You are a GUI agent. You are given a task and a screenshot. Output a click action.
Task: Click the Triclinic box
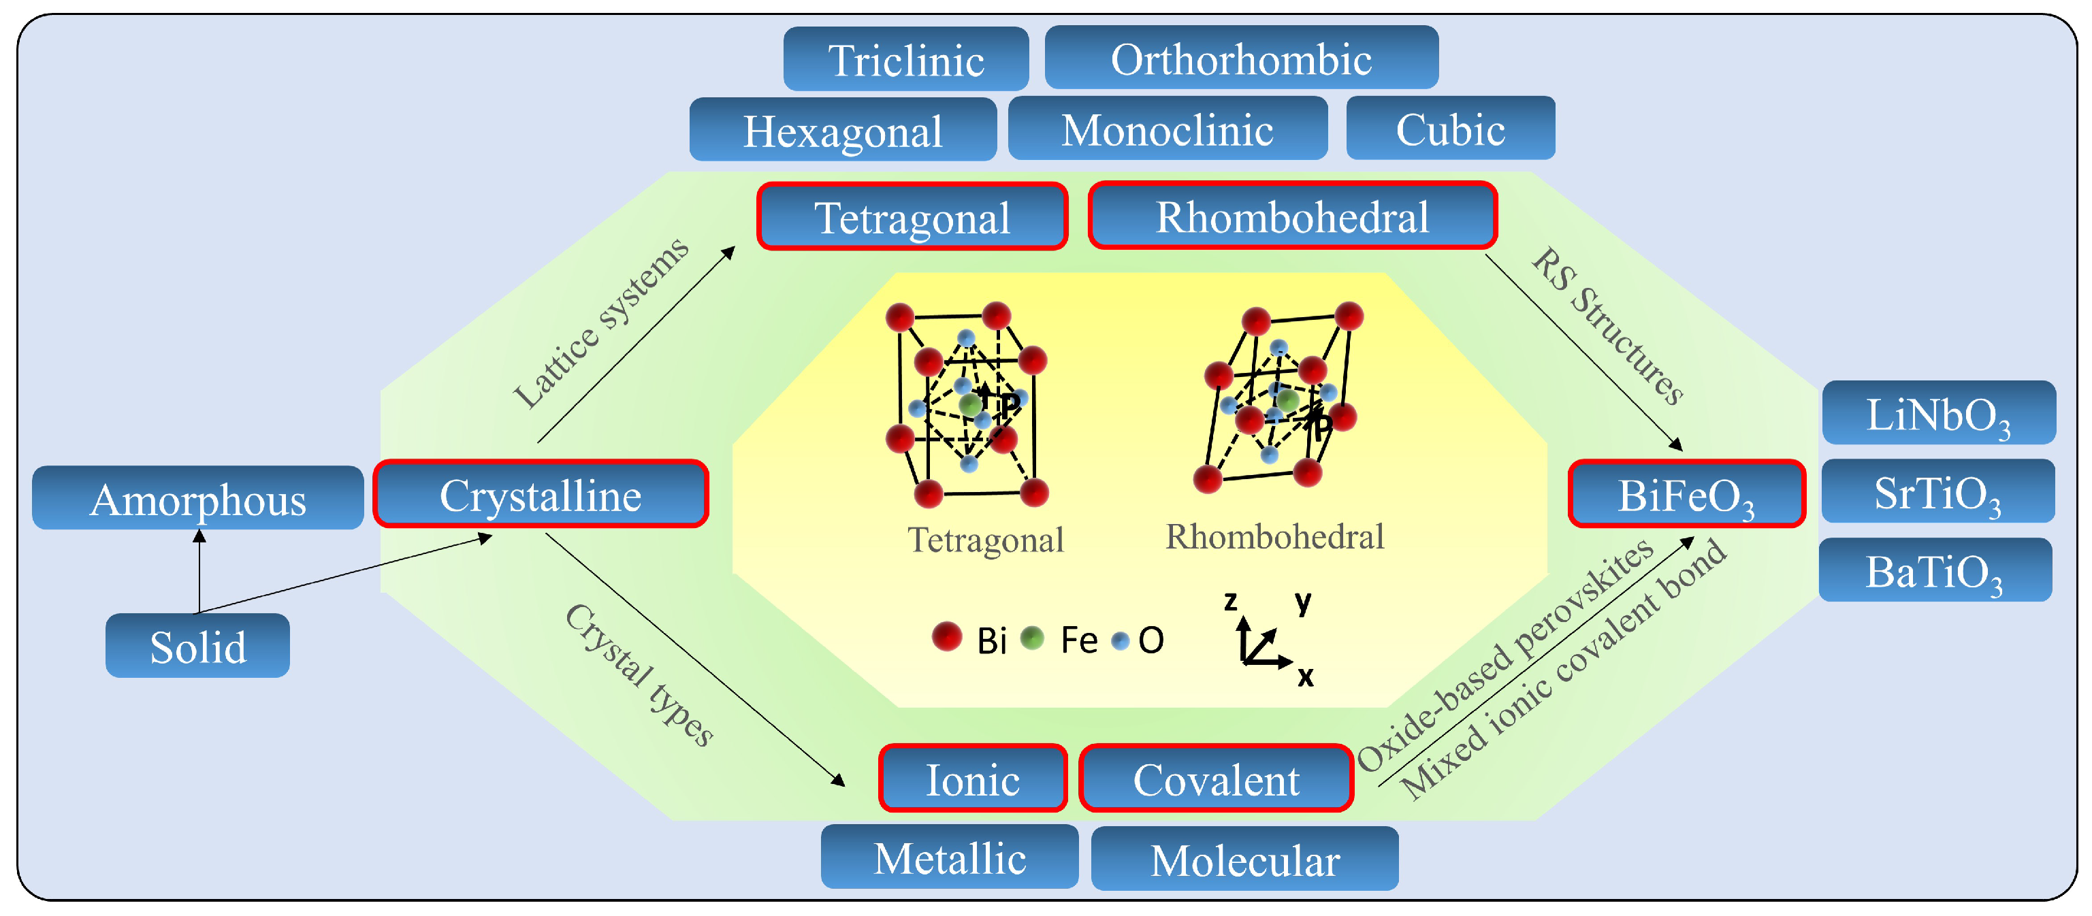905,59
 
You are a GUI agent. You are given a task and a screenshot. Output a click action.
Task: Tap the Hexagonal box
842,130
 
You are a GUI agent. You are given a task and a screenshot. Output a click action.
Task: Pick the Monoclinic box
1167,129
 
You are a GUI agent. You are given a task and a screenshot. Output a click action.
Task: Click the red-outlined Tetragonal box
912,217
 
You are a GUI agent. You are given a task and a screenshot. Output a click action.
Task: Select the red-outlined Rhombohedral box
1292,216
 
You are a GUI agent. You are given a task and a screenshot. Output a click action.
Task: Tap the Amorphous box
197,497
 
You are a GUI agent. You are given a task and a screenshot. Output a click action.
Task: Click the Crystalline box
540,495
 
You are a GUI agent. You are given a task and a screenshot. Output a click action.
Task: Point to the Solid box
197,646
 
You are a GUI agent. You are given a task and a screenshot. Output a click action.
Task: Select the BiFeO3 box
1686,494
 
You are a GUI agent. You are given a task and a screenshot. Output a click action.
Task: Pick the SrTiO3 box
1937,491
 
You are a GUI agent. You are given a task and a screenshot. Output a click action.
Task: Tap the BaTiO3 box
1935,570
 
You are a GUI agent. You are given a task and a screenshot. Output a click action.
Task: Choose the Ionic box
972,779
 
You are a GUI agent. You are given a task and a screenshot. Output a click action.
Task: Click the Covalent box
1216,779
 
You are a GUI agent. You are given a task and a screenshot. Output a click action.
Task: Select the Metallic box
950,857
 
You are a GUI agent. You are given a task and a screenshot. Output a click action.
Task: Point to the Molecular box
1244,859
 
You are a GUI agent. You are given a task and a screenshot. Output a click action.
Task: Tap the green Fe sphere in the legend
1031,638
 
